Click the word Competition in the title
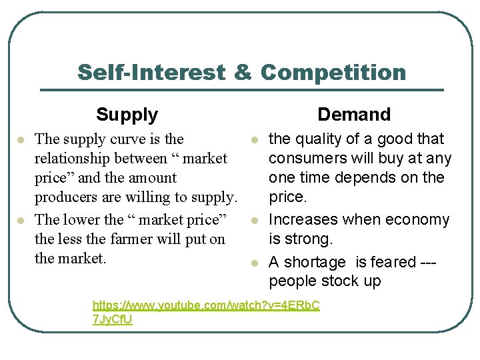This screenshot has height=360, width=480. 333,72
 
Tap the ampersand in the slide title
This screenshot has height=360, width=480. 243,72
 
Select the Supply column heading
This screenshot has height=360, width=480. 127,115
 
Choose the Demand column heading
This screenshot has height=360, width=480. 354,115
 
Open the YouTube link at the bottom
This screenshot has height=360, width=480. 206,305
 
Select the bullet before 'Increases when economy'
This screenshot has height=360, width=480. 254,220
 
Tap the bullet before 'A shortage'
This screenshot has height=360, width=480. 254,263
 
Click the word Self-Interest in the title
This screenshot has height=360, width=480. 151,72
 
